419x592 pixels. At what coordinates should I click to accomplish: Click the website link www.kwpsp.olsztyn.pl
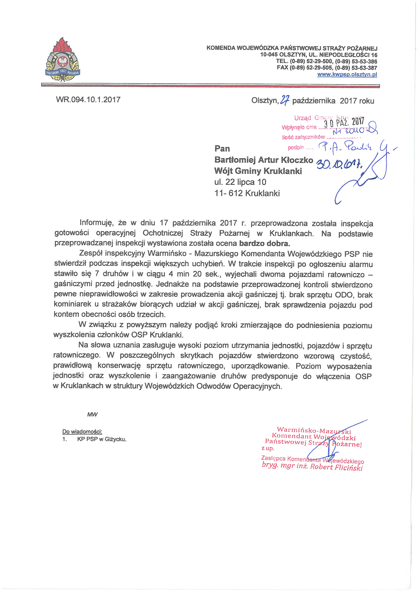347,74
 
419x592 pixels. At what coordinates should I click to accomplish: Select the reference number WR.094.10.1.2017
88,100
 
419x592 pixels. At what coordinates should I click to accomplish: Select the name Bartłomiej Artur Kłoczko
264,160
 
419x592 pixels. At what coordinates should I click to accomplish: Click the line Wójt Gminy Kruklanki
258,171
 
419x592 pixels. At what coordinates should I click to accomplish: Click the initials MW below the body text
92,415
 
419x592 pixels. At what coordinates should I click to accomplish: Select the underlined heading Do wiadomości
82,432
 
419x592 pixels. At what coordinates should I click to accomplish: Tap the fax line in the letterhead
327,68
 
